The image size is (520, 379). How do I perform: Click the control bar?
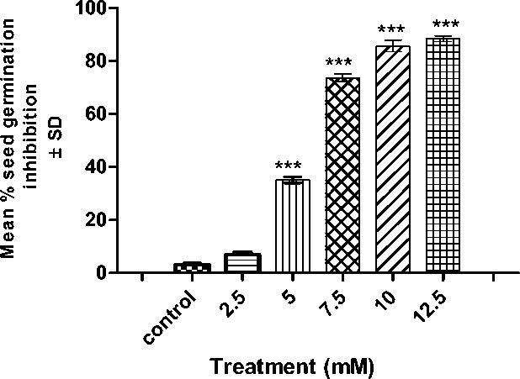pos(192,267)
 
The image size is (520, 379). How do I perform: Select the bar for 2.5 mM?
pos(242,262)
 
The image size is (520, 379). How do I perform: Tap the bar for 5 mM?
pos(292,226)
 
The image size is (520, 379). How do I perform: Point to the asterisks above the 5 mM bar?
pos(292,166)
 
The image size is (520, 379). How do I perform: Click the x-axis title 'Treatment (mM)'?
pos(291,366)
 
